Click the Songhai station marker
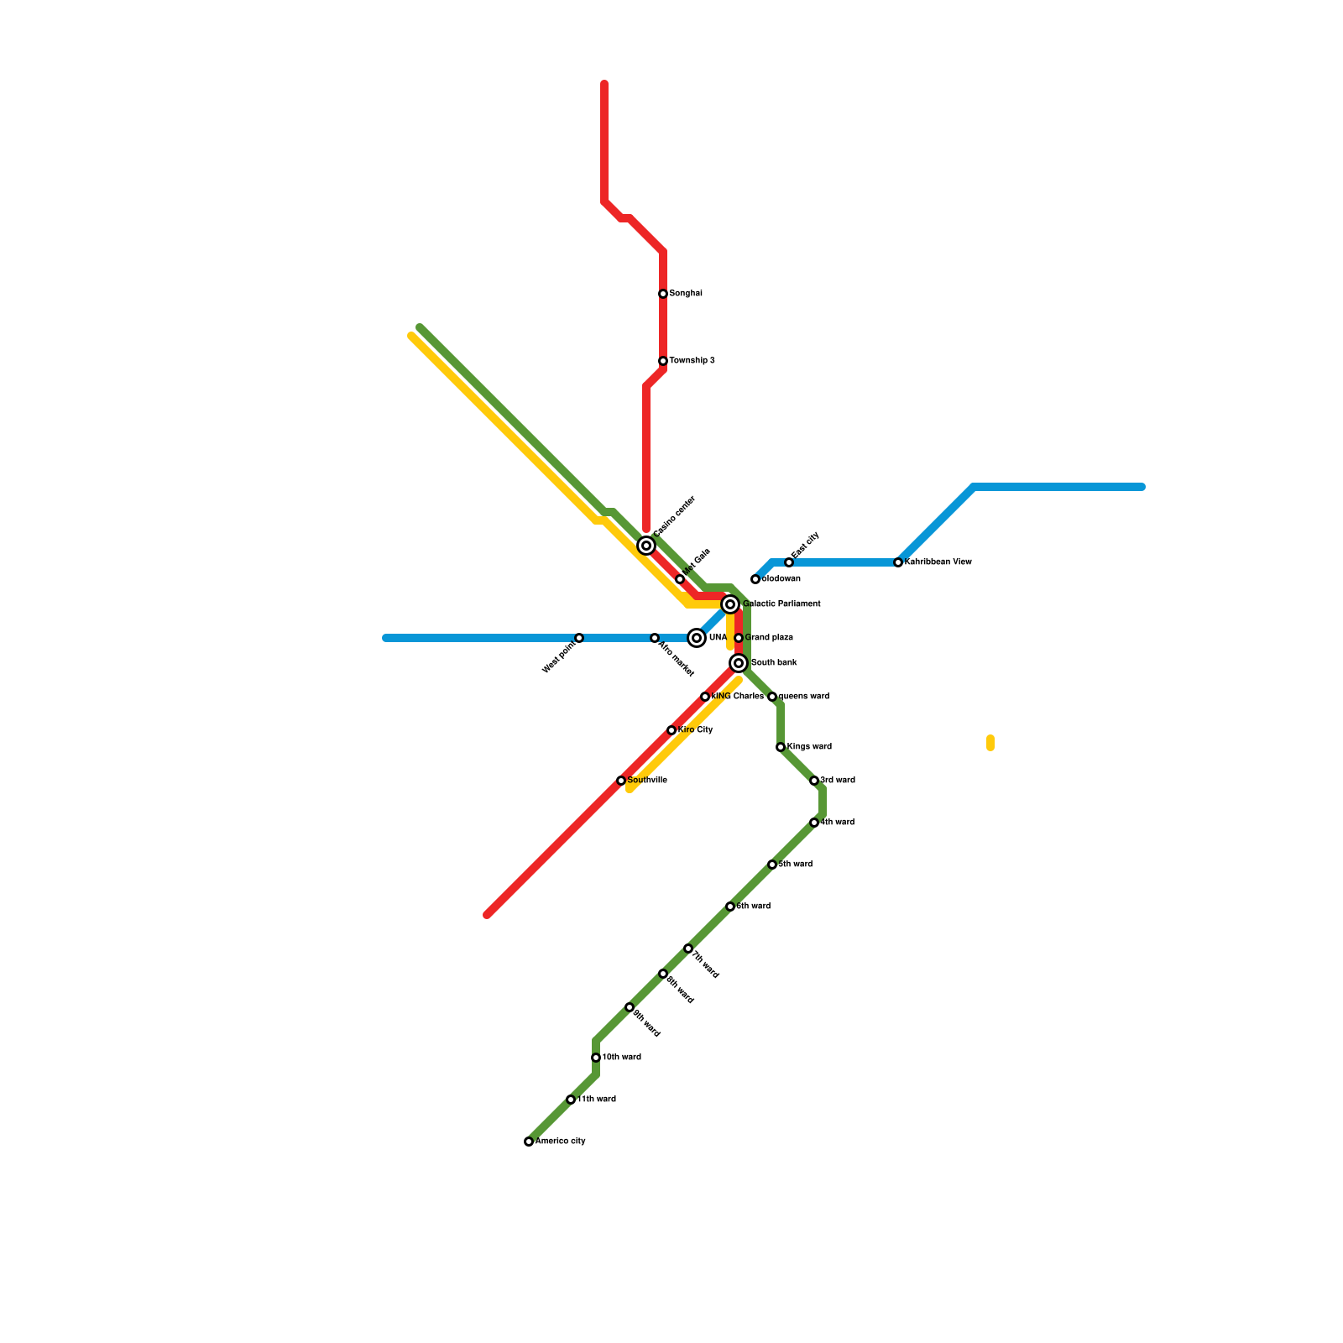pyautogui.click(x=663, y=294)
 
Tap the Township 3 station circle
pyautogui.click(x=663, y=361)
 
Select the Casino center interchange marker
pyautogui.click(x=646, y=546)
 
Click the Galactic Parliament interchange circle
pyautogui.click(x=730, y=604)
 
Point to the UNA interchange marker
pyautogui.click(x=697, y=638)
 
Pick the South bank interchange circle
pyautogui.click(x=739, y=663)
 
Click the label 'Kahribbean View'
pyautogui.click(x=938, y=562)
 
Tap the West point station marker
pyautogui.click(x=579, y=638)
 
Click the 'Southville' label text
pyautogui.click(x=647, y=781)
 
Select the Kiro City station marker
pyautogui.click(x=671, y=730)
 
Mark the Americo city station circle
pyautogui.click(x=529, y=1142)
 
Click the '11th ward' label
pyautogui.click(x=597, y=1100)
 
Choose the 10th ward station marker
pyautogui.click(x=596, y=1058)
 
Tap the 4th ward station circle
pyautogui.click(x=814, y=823)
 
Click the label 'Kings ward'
pyautogui.click(x=809, y=747)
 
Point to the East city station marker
pyautogui.click(x=789, y=562)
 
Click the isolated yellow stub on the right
pyautogui.click(x=990, y=743)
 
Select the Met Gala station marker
pyautogui.click(x=680, y=579)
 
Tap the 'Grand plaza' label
pyautogui.click(x=769, y=638)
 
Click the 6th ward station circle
pyautogui.click(x=730, y=907)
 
